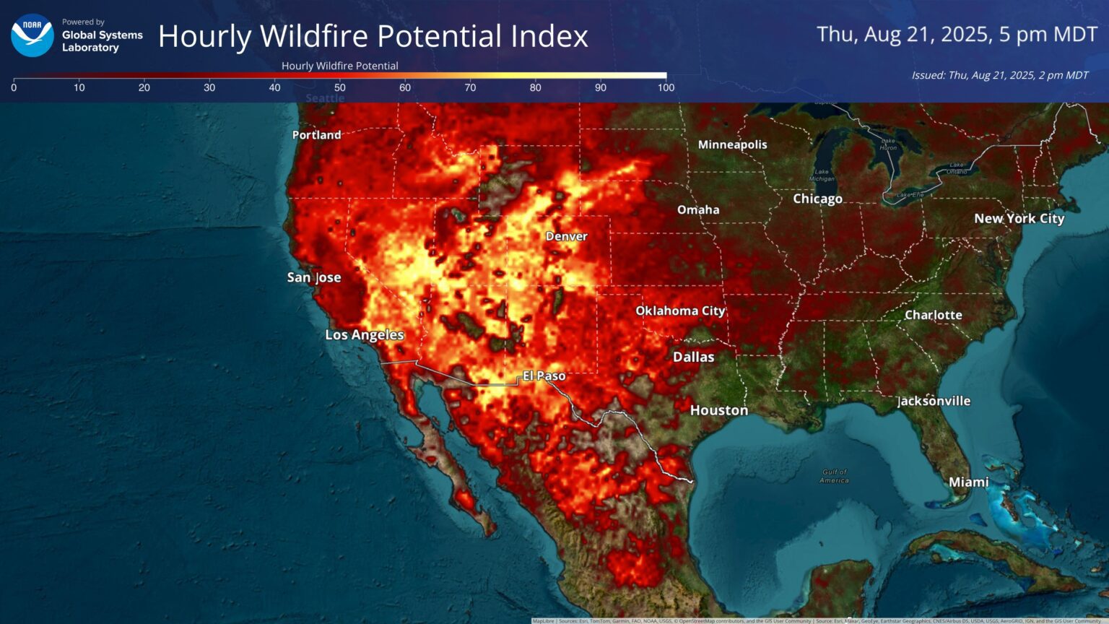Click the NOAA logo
(x=32, y=35)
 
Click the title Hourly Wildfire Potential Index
(x=373, y=36)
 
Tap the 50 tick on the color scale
(x=339, y=87)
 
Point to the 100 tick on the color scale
(x=666, y=87)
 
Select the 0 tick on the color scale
(x=14, y=87)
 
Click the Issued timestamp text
(x=999, y=75)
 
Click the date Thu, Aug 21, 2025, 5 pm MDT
(x=957, y=34)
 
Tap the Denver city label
(x=566, y=236)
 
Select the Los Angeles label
(x=364, y=334)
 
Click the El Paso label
(x=544, y=376)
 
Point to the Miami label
(x=968, y=482)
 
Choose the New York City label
(x=1019, y=218)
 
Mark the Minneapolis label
(x=732, y=144)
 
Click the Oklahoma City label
(x=679, y=311)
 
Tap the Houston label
(x=718, y=410)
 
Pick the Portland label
(x=316, y=135)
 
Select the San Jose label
(x=313, y=277)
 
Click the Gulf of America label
(x=834, y=476)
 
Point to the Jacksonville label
(x=934, y=401)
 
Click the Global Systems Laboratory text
(x=102, y=41)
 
